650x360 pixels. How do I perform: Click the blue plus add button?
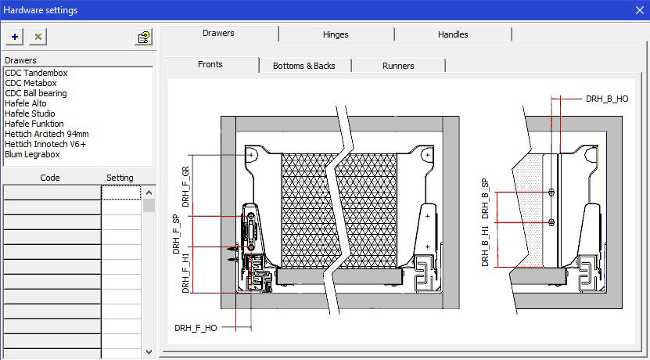[x=15, y=37]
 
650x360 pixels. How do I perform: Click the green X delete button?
[x=38, y=37]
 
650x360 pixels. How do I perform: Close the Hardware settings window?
[x=640, y=10]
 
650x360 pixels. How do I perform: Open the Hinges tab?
[x=336, y=34]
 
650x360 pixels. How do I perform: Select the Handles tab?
[x=453, y=34]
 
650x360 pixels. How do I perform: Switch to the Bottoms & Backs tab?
[x=304, y=66]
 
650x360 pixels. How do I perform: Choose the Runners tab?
[x=398, y=66]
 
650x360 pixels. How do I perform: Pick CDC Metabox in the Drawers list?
[x=31, y=83]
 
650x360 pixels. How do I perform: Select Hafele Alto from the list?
[x=26, y=103]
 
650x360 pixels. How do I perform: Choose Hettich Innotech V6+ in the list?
[x=45, y=144]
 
